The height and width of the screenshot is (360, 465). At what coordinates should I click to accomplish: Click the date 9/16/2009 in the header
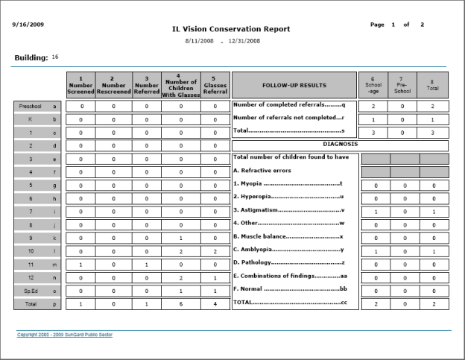pos(28,25)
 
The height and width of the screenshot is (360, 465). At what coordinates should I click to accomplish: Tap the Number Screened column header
pos(80,86)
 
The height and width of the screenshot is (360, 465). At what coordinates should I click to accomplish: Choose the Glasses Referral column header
pos(215,86)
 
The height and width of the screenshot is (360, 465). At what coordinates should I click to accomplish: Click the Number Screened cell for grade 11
pos(80,264)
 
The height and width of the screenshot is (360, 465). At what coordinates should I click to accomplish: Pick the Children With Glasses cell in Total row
pos(181,304)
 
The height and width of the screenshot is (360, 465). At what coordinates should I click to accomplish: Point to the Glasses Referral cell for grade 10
pos(215,251)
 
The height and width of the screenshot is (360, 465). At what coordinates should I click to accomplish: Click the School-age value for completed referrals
pos(373,107)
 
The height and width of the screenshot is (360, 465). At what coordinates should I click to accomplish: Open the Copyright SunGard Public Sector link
pos(65,335)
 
